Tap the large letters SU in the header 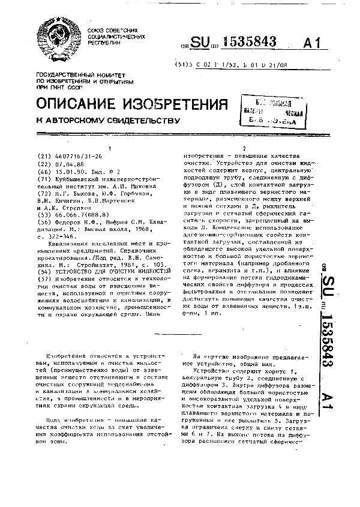202,43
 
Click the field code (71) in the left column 44,178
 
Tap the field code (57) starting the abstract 44,262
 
